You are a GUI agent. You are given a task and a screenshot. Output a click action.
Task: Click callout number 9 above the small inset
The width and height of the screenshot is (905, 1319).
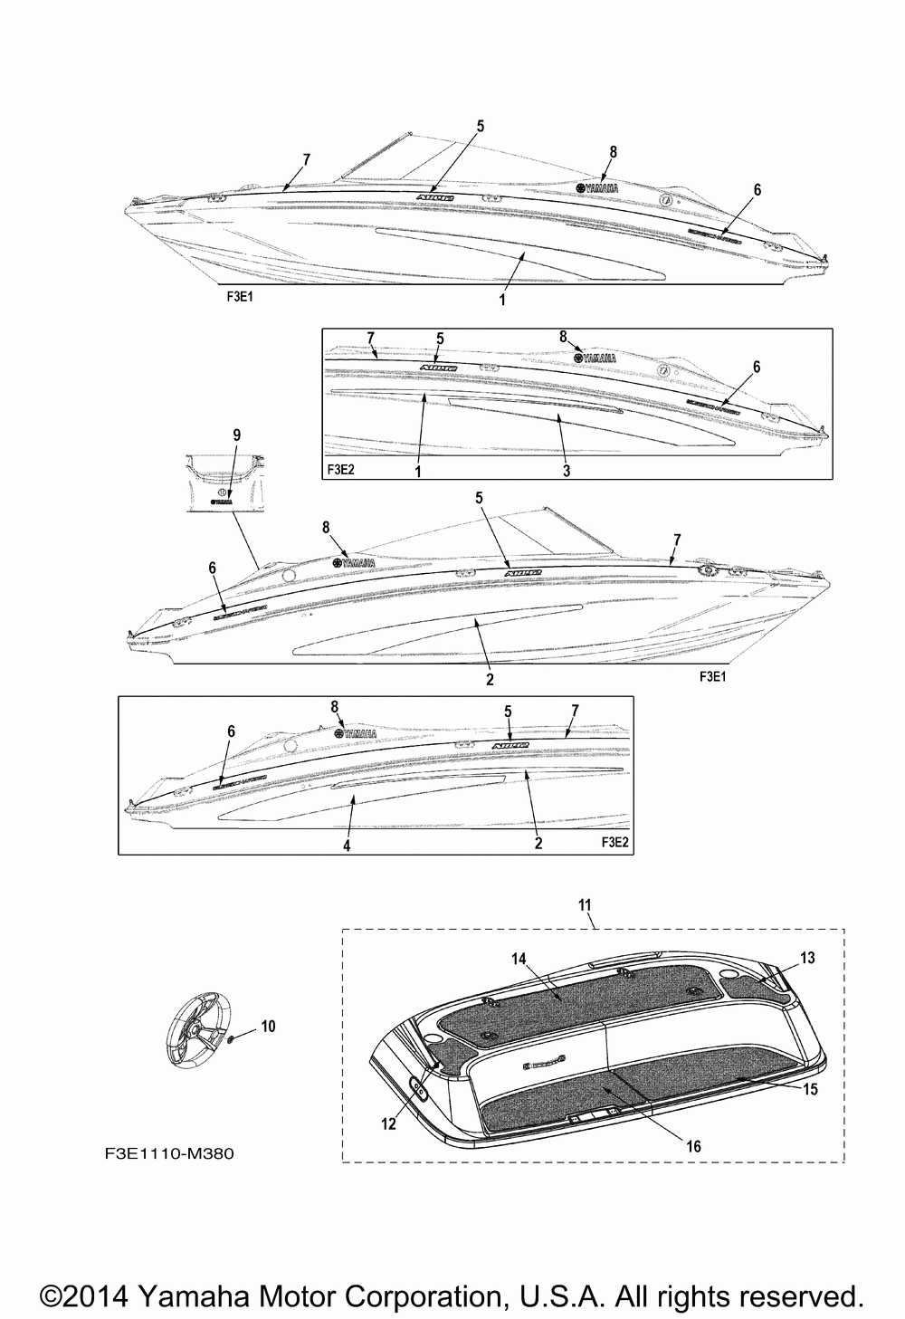coord(237,435)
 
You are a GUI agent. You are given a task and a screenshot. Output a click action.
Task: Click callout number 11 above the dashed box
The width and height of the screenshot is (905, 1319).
coord(585,904)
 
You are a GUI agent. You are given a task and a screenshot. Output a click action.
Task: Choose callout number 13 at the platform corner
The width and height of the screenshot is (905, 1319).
coord(807,958)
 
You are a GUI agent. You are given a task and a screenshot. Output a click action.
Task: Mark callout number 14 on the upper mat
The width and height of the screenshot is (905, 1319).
coord(519,957)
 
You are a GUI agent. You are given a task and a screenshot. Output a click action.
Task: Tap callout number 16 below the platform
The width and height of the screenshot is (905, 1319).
coord(693,1145)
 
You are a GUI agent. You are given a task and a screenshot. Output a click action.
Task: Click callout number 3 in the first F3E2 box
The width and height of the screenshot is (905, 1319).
coord(567,471)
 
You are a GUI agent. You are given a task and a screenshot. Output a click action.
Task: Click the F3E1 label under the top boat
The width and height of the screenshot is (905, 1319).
coord(240,296)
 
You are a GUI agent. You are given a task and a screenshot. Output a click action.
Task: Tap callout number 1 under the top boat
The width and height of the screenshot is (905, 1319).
coord(503,300)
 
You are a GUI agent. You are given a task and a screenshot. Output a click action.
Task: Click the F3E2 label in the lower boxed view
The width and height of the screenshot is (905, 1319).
coord(614,842)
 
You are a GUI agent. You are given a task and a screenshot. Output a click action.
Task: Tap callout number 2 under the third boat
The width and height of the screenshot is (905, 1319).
coord(490,678)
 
